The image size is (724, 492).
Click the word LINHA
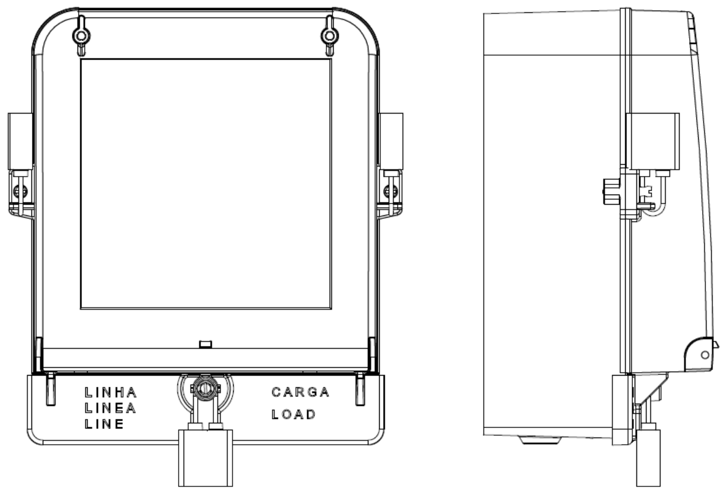pyautogui.click(x=111, y=392)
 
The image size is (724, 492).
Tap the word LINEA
pyautogui.click(x=111, y=408)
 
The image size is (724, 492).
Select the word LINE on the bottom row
pyautogui.click(x=104, y=424)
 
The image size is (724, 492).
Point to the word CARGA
pyautogui.click(x=300, y=392)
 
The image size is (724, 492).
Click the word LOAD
pyautogui.click(x=294, y=414)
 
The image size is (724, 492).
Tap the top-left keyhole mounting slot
pyautogui.click(x=81, y=35)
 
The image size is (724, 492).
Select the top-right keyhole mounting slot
pyautogui.click(x=329, y=35)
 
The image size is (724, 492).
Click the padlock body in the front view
pyautogui.click(x=206, y=458)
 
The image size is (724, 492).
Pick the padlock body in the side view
pyautogui.click(x=648, y=458)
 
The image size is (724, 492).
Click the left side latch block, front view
pyautogui.click(x=20, y=141)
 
